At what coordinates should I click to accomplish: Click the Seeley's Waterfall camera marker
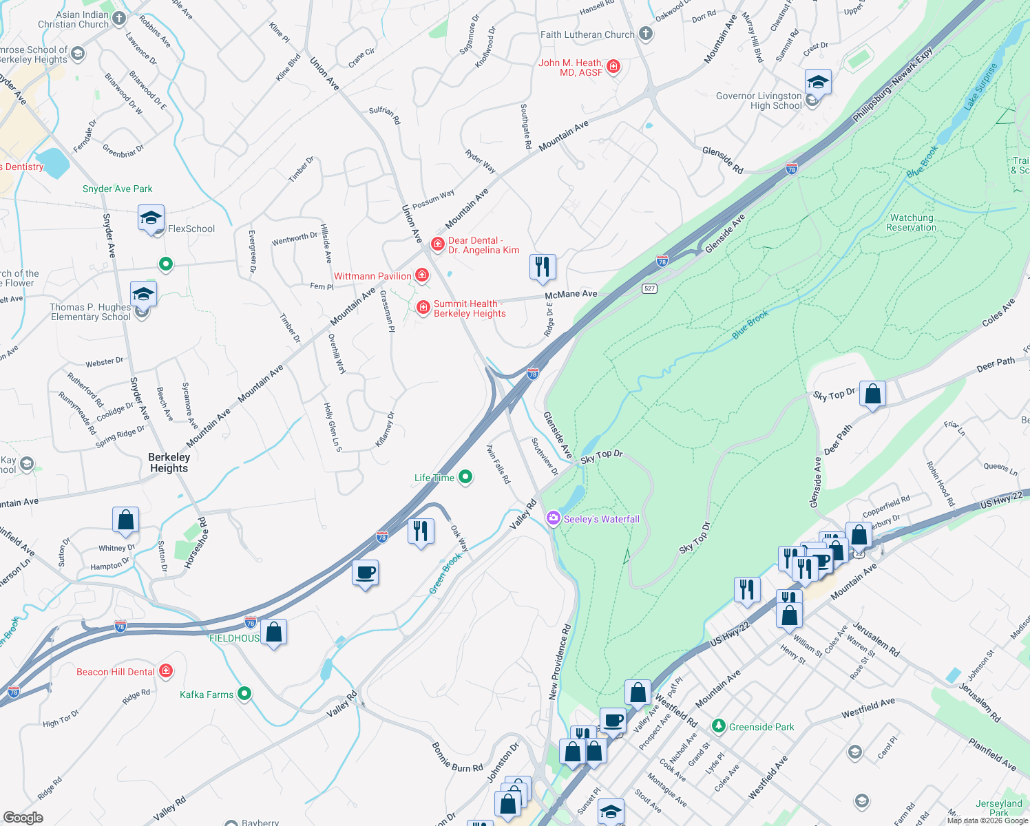[x=554, y=518]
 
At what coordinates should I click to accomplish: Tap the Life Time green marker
[x=465, y=476]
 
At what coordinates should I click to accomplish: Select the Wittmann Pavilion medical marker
[x=422, y=276]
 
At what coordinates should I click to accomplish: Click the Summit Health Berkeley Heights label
[x=470, y=308]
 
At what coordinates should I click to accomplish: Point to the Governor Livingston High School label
[x=759, y=100]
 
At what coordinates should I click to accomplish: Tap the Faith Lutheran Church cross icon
[x=645, y=33]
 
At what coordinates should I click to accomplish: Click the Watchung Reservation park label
[x=911, y=222]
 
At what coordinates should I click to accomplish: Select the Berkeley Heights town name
[x=169, y=463]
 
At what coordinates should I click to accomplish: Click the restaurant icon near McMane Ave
[x=543, y=266]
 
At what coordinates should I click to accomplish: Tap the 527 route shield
[x=649, y=288]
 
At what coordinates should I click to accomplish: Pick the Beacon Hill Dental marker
[x=165, y=670]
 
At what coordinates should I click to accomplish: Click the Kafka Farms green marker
[x=244, y=694]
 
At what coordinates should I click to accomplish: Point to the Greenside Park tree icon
[x=719, y=726]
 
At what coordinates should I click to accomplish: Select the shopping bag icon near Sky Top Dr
[x=872, y=394]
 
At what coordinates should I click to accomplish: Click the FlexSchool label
[x=191, y=229]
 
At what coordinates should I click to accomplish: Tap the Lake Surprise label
[x=980, y=87]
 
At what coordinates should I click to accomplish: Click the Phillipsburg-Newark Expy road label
[x=893, y=85]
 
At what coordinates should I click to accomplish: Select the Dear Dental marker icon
[x=437, y=244]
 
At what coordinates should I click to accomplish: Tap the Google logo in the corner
[x=23, y=818]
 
